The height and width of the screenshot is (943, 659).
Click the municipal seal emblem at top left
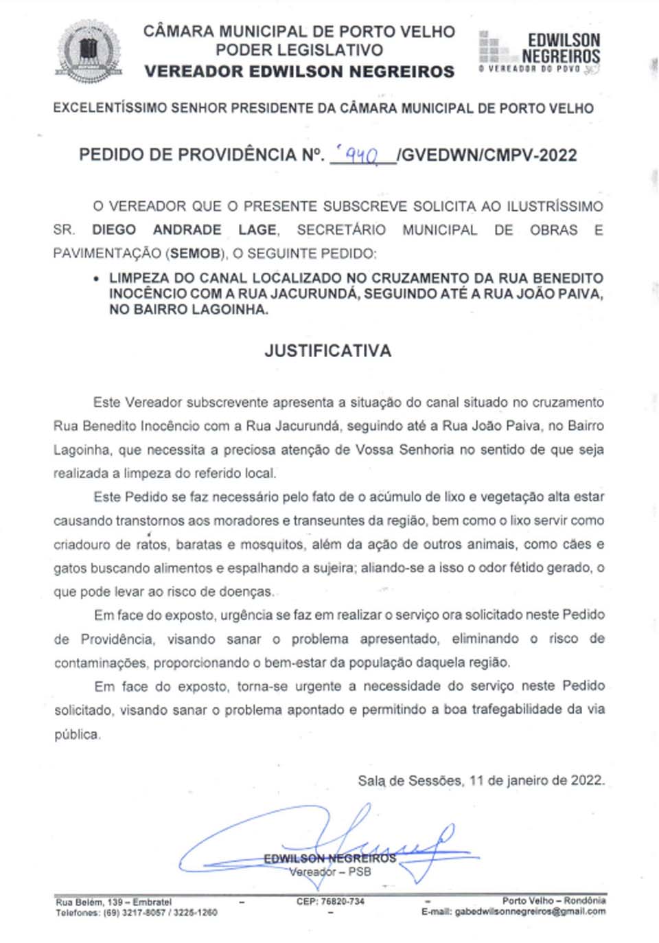[x=89, y=52]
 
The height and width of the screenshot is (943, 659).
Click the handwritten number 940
[x=362, y=156]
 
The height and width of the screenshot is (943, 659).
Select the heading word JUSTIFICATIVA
[x=328, y=351]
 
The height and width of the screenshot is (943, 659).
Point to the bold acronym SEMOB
[x=195, y=253]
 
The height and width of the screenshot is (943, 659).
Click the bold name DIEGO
[x=114, y=229]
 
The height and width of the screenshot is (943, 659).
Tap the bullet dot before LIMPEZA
[x=95, y=279]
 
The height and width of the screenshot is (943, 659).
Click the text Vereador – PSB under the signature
[x=329, y=872]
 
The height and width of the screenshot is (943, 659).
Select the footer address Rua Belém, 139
[x=89, y=902]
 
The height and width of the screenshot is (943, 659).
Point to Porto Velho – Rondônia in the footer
[x=553, y=900]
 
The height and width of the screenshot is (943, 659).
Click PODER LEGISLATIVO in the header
[x=299, y=50]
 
